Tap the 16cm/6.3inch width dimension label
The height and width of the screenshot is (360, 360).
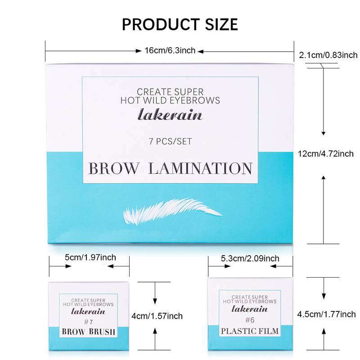pyautogui.click(x=170, y=50)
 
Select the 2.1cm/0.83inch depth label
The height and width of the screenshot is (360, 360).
pyautogui.click(x=328, y=55)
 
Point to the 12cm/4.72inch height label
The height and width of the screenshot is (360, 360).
pyautogui.click(x=326, y=153)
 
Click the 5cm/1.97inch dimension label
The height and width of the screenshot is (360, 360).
pyautogui.click(x=90, y=257)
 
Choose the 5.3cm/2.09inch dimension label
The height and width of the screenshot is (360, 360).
pyautogui.click(x=250, y=258)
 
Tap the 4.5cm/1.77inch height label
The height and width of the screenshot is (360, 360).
pyautogui.click(x=327, y=314)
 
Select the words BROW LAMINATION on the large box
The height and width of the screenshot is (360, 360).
pyautogui.click(x=170, y=169)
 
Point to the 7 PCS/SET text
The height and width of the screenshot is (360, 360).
pyautogui.click(x=170, y=141)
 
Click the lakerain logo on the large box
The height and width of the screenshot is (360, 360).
pyautogui.click(x=170, y=115)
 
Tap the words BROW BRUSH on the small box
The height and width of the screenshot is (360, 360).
pyautogui.click(x=88, y=332)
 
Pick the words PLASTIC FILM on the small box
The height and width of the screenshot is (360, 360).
pyautogui.click(x=249, y=332)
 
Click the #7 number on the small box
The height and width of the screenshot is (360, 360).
pyautogui.click(x=88, y=322)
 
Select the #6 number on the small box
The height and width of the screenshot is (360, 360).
pyautogui.click(x=249, y=320)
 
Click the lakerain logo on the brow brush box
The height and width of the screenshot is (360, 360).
pyautogui.click(x=88, y=311)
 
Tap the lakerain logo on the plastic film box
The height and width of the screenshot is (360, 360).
pyautogui.click(x=249, y=309)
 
